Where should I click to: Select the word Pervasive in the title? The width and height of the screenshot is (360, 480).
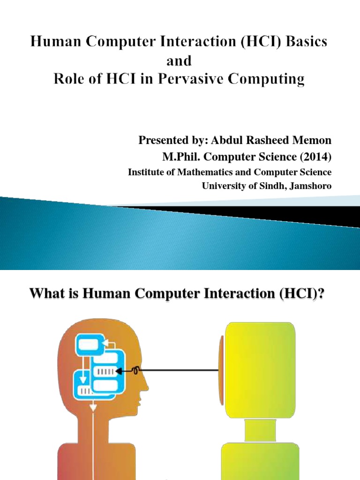[211, 79]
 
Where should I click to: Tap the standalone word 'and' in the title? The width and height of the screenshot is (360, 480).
[180, 60]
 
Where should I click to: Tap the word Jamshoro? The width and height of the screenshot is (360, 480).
[310, 186]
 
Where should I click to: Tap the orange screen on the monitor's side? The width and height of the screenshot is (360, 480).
[221, 371]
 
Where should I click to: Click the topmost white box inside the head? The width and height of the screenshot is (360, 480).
[89, 345]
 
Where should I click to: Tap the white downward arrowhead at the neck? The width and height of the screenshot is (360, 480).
[93, 407]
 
